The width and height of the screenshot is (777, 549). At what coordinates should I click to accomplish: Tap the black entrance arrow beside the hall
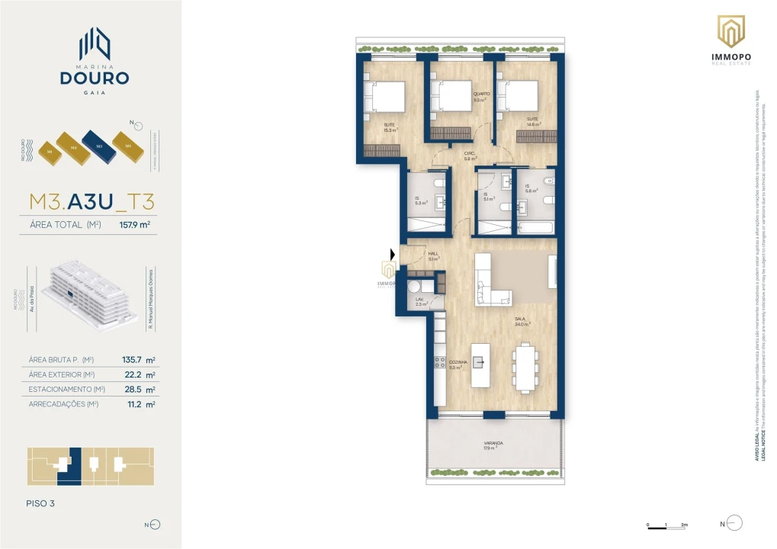392,255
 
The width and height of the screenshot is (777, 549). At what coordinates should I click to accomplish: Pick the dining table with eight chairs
525,367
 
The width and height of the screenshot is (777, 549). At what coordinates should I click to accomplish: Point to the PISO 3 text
40,503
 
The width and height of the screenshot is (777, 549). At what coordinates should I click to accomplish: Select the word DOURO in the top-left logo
95,77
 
